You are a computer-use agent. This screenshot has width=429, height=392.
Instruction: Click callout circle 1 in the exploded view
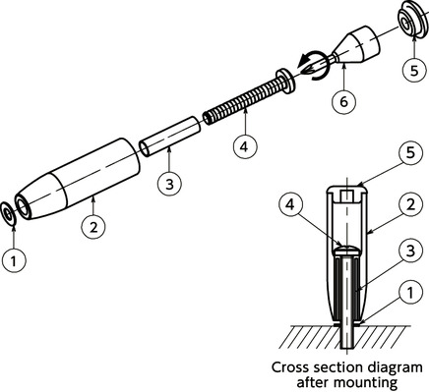click(14, 261)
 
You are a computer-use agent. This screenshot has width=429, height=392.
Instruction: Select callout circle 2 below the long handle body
click(93, 227)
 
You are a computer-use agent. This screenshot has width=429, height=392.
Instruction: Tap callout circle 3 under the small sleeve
click(169, 185)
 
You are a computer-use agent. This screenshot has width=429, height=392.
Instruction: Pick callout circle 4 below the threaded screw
click(245, 146)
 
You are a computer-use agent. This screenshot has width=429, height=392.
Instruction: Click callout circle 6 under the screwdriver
click(343, 102)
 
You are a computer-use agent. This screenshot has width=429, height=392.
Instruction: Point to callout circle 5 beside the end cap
click(414, 71)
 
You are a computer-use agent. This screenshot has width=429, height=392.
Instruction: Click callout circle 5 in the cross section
click(410, 153)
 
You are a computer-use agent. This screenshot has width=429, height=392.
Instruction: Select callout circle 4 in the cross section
click(291, 204)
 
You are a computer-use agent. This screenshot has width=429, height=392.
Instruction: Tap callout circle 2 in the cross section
click(410, 204)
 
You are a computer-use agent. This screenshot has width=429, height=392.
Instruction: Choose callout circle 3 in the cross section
click(410, 252)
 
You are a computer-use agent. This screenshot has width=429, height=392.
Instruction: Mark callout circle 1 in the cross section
click(410, 292)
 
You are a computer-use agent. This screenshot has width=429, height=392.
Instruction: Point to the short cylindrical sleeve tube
click(169, 137)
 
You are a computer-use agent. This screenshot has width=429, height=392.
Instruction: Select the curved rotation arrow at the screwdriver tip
click(312, 66)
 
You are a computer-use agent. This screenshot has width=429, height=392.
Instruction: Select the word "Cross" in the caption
click(290, 367)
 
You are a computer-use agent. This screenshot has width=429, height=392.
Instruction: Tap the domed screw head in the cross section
click(346, 252)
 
